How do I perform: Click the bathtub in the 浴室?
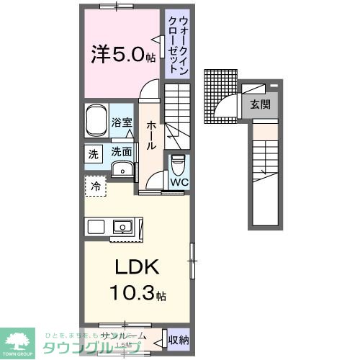pyautogui.click(x=96, y=123)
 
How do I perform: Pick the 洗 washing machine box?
pyautogui.click(x=94, y=153)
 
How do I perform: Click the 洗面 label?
pyautogui.click(x=121, y=152)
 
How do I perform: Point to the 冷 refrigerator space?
pyautogui.click(x=96, y=186)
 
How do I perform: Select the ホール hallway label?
pyautogui.click(x=151, y=135)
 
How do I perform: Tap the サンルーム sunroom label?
pyautogui.click(x=124, y=336)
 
